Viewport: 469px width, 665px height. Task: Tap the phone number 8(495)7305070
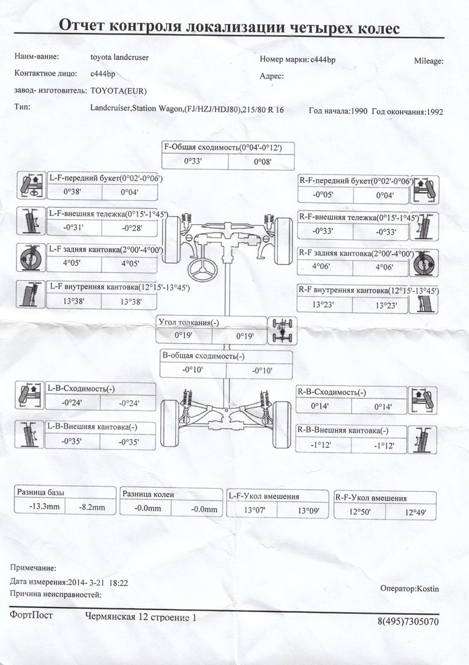pyautogui.click(x=407, y=621)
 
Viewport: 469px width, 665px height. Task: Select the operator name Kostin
pyautogui.click(x=426, y=588)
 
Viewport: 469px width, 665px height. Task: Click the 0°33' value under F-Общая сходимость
pyautogui.click(x=193, y=160)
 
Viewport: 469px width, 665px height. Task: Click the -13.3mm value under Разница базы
pyautogui.click(x=39, y=507)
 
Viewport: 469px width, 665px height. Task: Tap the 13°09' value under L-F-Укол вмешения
pyautogui.click(x=308, y=511)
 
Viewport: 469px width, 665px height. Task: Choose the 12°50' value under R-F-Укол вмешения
pyautogui.click(x=361, y=512)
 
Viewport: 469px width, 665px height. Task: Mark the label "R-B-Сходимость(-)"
pyautogui.click(x=331, y=392)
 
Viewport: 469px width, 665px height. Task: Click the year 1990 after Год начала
pyautogui.click(x=356, y=111)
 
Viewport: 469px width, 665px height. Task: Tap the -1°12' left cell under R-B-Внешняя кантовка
pyautogui.click(x=322, y=445)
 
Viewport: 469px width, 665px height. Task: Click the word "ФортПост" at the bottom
pyautogui.click(x=31, y=615)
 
